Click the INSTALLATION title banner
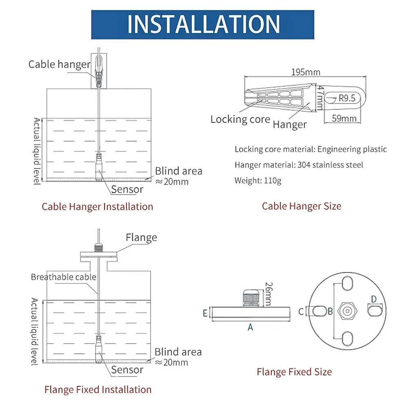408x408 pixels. click(203, 24)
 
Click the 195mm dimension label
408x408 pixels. click(306, 72)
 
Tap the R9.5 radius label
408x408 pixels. click(347, 98)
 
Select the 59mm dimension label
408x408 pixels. click(344, 119)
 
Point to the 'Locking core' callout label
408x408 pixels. click(240, 119)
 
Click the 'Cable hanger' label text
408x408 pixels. click(59, 64)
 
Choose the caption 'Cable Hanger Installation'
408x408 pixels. click(97, 206)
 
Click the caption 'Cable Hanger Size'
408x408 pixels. click(302, 206)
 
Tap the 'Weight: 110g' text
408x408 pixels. click(258, 180)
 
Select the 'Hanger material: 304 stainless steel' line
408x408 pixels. click(299, 165)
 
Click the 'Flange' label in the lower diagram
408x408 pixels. click(141, 237)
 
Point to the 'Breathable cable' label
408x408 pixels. click(64, 277)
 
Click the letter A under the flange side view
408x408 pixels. click(251, 327)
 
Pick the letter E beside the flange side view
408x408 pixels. click(205, 313)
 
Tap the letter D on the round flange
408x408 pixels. click(374, 299)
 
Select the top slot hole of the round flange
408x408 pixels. click(346, 284)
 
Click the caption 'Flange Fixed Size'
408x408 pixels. click(294, 372)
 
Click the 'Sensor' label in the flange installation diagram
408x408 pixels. click(127, 370)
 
